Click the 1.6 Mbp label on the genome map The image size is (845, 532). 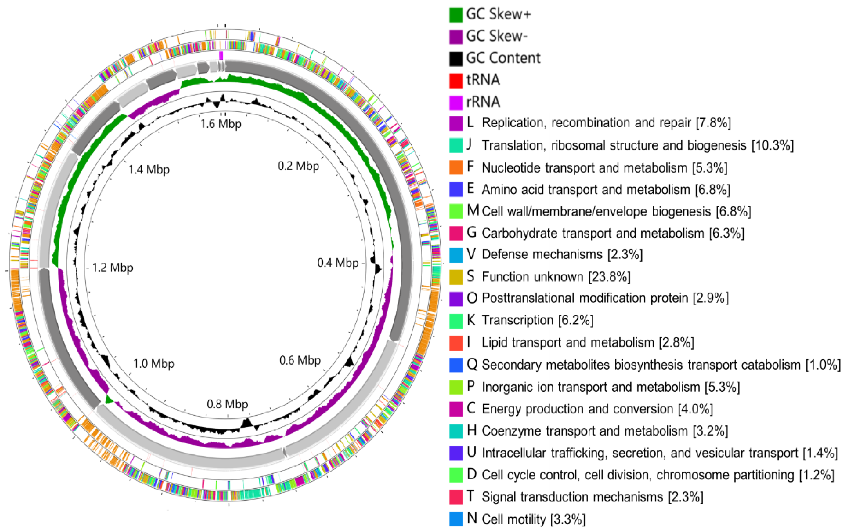[221, 124]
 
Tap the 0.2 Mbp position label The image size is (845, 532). [298, 166]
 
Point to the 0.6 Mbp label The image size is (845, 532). [300, 360]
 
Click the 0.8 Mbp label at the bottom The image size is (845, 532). [227, 404]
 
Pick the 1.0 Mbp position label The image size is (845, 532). [154, 364]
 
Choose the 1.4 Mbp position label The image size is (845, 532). [149, 170]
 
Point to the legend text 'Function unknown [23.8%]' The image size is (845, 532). [556, 277]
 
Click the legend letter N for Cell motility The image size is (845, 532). [472, 518]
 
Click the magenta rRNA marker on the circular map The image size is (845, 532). [221, 55]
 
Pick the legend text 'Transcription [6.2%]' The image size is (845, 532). [537, 320]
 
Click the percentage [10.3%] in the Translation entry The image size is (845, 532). [772, 145]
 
